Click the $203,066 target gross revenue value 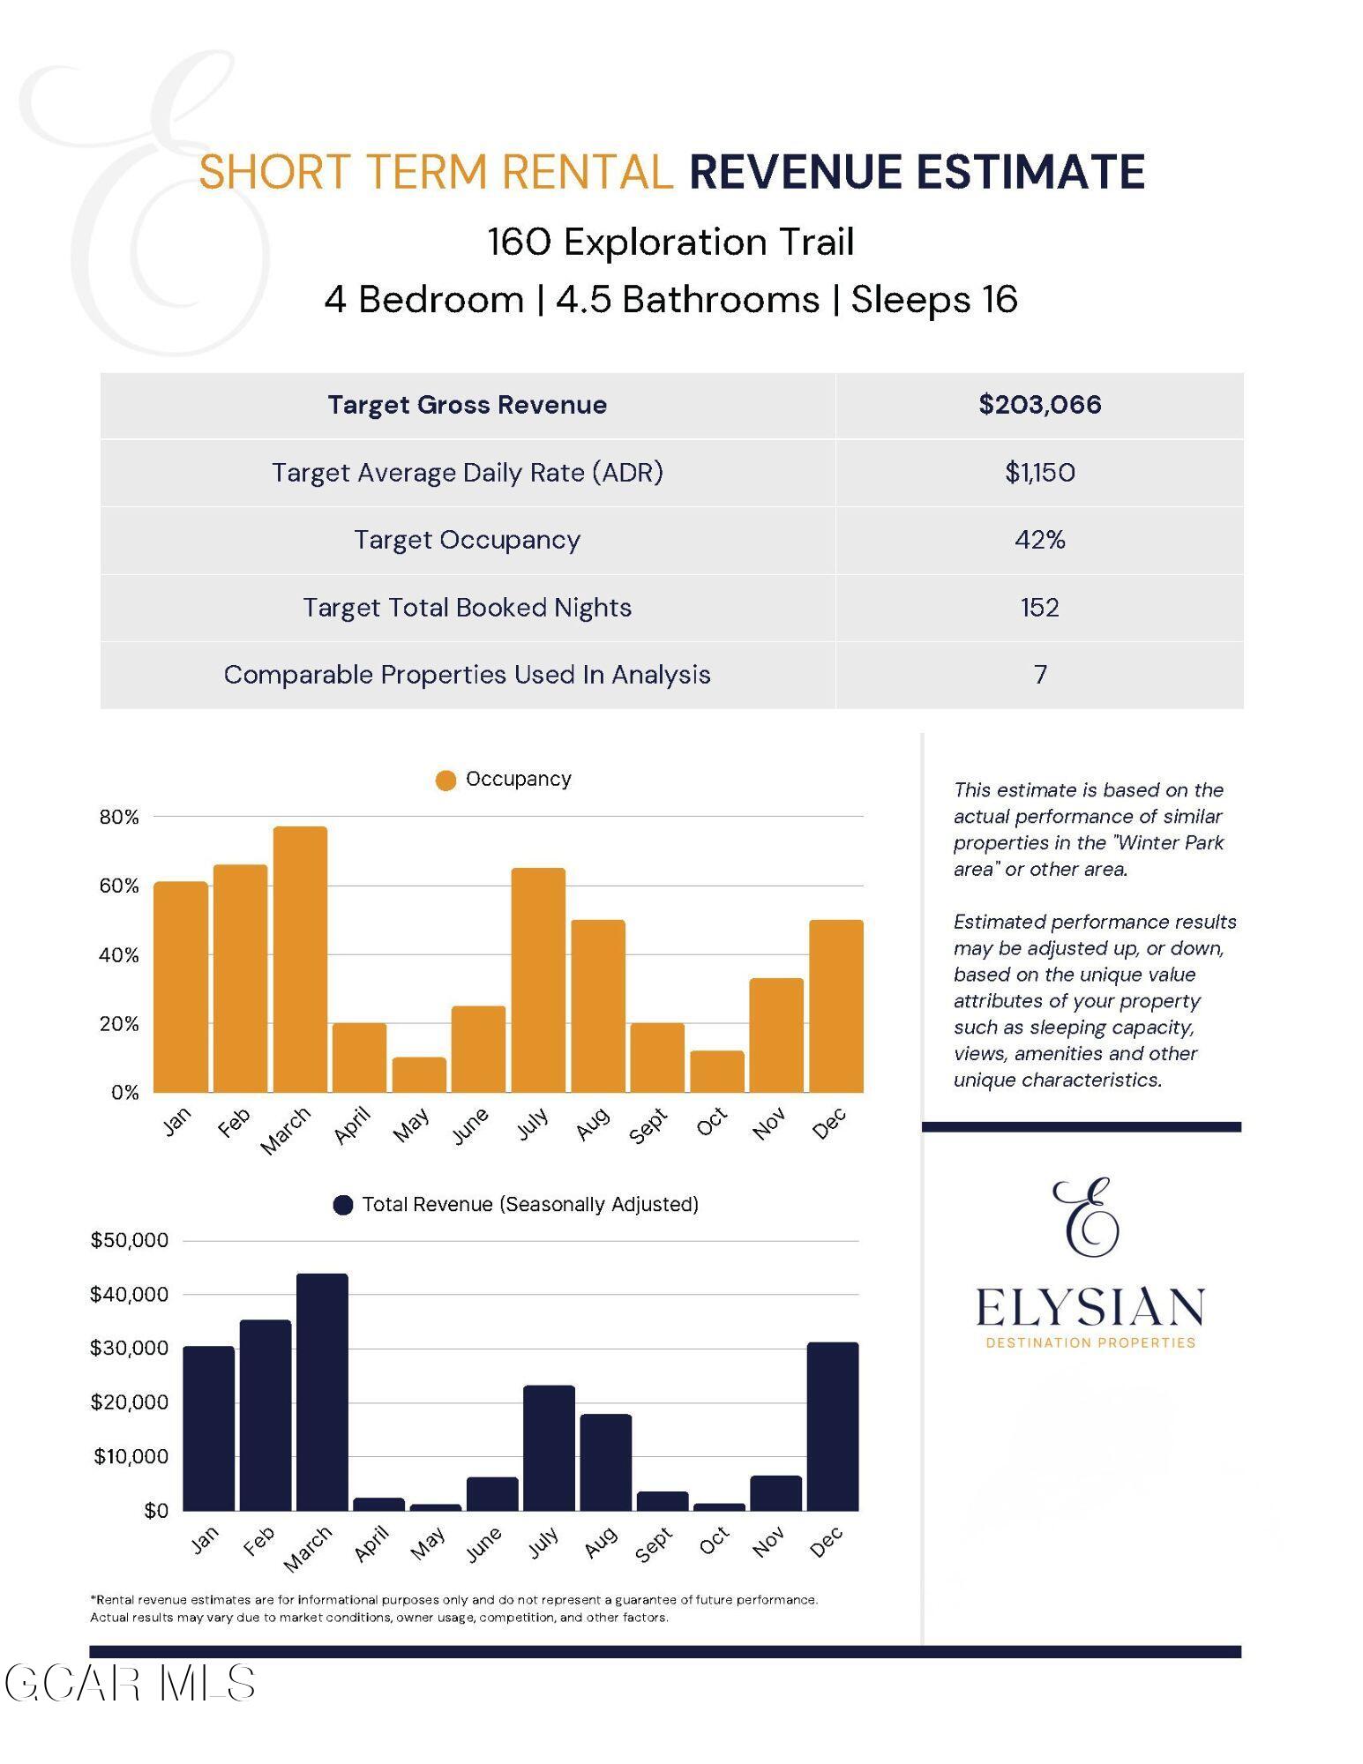coord(1039,405)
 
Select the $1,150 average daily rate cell coord(1039,473)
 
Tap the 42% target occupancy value coord(1039,540)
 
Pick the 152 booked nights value coord(1039,608)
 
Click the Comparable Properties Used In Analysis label coord(467,675)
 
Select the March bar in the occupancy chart coord(300,960)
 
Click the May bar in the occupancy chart coord(419,1075)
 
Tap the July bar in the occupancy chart coord(538,981)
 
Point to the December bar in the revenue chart coord(832,1426)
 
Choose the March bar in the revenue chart coord(322,1392)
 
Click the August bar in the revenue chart coord(605,1462)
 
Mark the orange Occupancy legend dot coord(446,781)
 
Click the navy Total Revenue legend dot coord(343,1205)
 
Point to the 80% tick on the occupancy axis coord(119,818)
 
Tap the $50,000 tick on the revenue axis coord(129,1241)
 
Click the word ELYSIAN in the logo coord(1090,1308)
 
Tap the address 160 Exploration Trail coord(670,242)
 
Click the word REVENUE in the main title coord(795,172)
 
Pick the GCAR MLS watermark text coord(131,1684)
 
